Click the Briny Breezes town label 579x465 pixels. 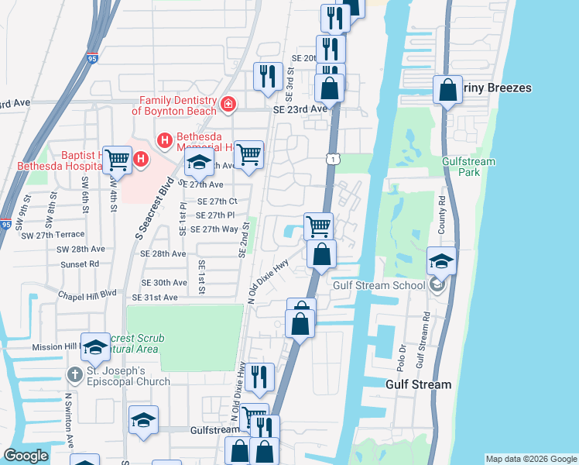point(498,88)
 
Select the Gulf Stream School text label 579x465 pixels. point(379,285)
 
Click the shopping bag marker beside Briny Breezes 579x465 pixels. point(447,91)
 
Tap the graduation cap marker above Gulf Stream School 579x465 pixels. point(441,262)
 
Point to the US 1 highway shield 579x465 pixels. point(331,159)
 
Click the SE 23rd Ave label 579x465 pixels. point(300,109)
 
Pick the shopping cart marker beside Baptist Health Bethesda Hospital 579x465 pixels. point(117,160)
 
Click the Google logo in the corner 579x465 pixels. point(25,456)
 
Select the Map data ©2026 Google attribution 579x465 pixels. point(530,459)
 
